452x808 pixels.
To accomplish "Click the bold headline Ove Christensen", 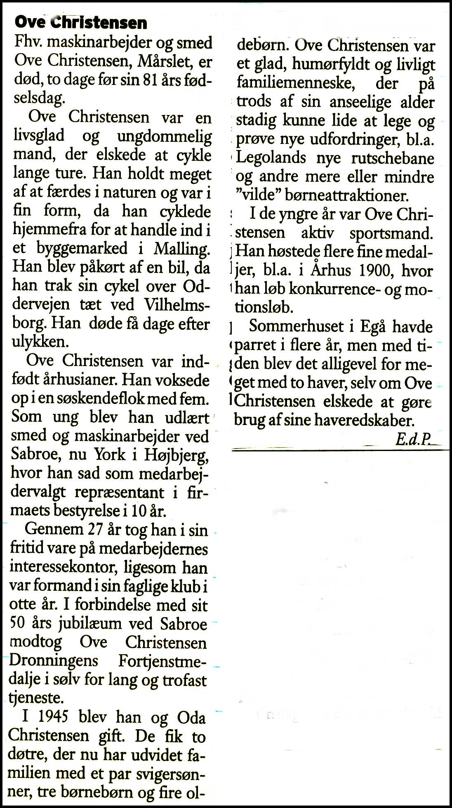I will tap(81, 23).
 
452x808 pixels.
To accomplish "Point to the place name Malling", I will tap(181, 249).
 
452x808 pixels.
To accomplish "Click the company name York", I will tap(110, 454).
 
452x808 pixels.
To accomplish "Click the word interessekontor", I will tap(64, 568).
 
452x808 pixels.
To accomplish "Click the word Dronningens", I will tap(54, 661).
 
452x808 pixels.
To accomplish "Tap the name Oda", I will tap(191, 718).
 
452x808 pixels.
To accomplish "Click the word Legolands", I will tap(271, 158).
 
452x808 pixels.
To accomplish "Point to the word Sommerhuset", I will tap(296, 326).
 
